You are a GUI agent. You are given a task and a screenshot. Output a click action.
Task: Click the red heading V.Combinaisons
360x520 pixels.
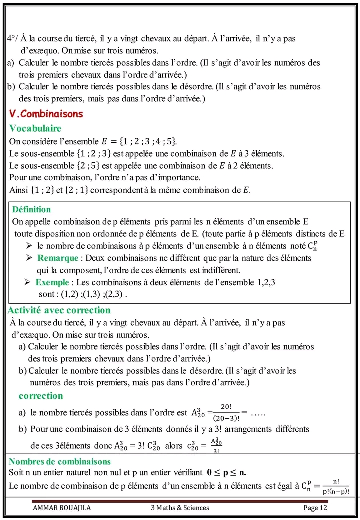[x=46, y=114]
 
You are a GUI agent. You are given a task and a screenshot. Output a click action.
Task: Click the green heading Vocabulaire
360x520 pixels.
[x=35, y=128]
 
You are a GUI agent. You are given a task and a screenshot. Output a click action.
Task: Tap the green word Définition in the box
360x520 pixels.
[x=31, y=209]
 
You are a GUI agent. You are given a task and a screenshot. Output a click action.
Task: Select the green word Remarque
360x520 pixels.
[x=58, y=258]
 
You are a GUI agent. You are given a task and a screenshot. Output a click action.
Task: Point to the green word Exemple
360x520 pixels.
[x=52, y=282]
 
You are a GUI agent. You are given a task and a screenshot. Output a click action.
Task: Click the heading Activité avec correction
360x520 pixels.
[x=59, y=310]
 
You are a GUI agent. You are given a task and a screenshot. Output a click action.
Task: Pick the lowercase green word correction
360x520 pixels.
[x=41, y=396]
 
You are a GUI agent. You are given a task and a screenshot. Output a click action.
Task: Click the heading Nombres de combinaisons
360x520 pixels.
[x=60, y=461]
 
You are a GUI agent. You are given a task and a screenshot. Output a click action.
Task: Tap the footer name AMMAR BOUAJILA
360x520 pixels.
[x=62, y=508]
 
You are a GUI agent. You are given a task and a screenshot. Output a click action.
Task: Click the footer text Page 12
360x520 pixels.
[x=315, y=508]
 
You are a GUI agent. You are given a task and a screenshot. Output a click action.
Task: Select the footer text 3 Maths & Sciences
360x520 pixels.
[x=180, y=508]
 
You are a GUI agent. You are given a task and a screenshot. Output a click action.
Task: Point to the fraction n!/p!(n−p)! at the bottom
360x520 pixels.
[x=335, y=486]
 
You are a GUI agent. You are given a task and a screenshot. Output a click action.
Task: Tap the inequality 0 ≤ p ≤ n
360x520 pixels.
[x=226, y=472]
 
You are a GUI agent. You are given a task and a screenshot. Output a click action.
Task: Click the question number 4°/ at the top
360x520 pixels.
[x=13, y=39]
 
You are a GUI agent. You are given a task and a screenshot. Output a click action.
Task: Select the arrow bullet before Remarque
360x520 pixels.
[x=29, y=258]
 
